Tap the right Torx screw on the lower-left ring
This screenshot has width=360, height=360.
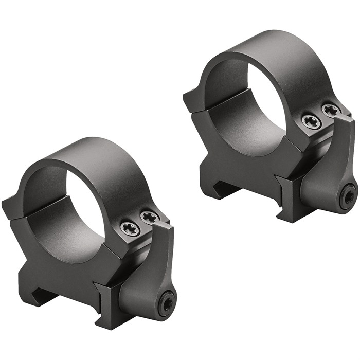150,218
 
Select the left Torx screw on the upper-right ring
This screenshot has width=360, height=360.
312,122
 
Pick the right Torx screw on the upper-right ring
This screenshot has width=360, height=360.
331,110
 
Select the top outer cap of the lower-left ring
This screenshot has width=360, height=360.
98,154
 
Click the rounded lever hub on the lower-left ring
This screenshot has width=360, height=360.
149,298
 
